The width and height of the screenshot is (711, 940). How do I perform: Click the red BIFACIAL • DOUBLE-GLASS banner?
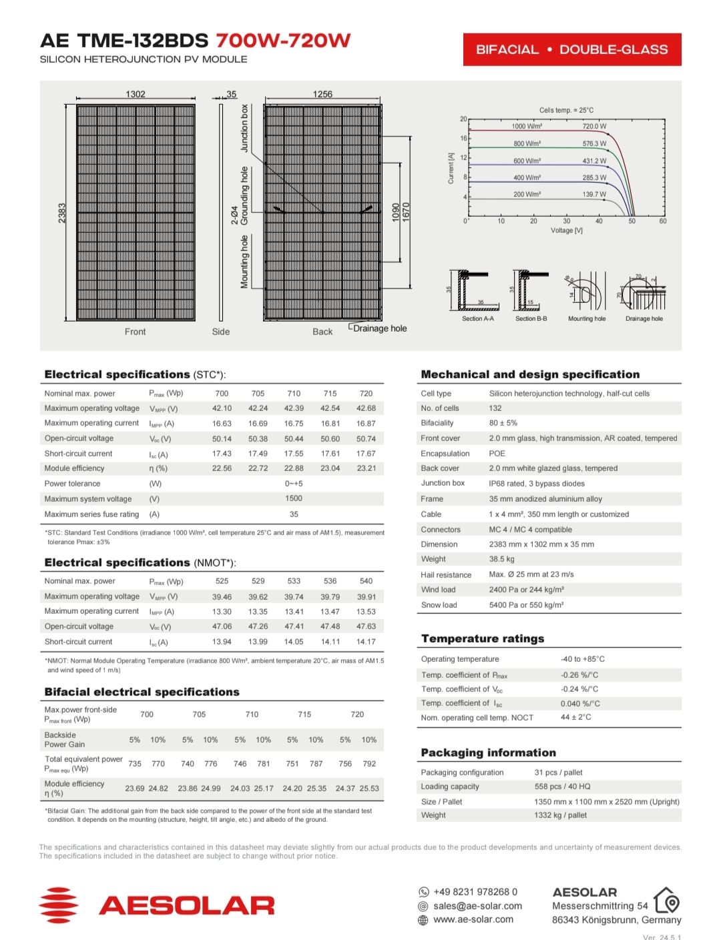[x=571, y=49]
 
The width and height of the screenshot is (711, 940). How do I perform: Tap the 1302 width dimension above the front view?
[x=136, y=94]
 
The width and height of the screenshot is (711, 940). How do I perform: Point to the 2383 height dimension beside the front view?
[x=62, y=213]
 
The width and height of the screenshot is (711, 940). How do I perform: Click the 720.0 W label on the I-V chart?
[x=594, y=126]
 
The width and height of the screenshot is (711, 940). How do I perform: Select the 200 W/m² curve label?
[x=527, y=194]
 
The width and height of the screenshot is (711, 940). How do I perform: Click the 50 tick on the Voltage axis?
[x=632, y=221]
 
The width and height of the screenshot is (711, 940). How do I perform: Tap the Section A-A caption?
[x=478, y=319]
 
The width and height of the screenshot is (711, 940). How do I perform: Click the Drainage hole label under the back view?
[x=379, y=328]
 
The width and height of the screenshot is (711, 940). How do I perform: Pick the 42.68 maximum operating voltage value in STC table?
[x=366, y=408]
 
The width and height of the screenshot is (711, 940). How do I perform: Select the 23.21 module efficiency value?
[x=366, y=468]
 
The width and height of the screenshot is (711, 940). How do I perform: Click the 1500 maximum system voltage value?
[x=294, y=498]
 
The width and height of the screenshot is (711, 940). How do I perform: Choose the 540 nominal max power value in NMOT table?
[x=366, y=581]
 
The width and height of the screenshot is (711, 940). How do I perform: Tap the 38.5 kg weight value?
[x=501, y=559]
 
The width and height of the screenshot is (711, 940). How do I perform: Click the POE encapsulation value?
[x=497, y=454]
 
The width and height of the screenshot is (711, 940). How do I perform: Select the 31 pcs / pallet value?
[x=558, y=773]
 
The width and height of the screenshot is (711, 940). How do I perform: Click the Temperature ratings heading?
[x=483, y=638]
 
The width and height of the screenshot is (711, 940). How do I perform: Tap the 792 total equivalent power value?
[x=369, y=764]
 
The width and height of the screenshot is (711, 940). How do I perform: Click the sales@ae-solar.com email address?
[x=477, y=906]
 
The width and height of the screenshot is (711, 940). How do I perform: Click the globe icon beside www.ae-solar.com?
[x=423, y=920]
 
